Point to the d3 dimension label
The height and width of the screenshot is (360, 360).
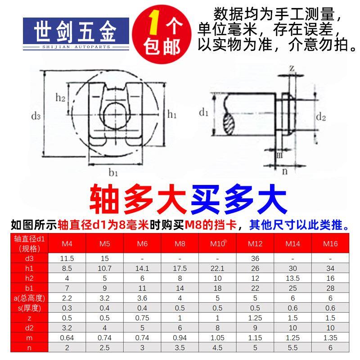pyautogui.click(x=36, y=116)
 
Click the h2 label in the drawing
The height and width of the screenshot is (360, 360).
pyautogui.click(x=61, y=97)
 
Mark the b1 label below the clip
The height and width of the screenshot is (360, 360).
pyautogui.click(x=113, y=172)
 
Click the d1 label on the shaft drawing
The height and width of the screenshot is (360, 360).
pyautogui.click(x=203, y=112)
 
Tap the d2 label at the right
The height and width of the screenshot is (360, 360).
pyautogui.click(x=320, y=117)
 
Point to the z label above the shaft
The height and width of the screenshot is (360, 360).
pyautogui.click(x=292, y=68)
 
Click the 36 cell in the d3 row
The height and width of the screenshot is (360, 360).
pyautogui.click(x=255, y=258)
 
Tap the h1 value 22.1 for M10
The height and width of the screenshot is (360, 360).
pyautogui.click(x=217, y=268)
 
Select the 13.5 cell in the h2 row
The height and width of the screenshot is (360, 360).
pyautogui.click(x=293, y=278)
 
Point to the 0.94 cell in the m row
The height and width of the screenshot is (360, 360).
pyautogui.click(x=180, y=337)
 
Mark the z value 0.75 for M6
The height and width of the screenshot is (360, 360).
pyautogui.click(x=142, y=318)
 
